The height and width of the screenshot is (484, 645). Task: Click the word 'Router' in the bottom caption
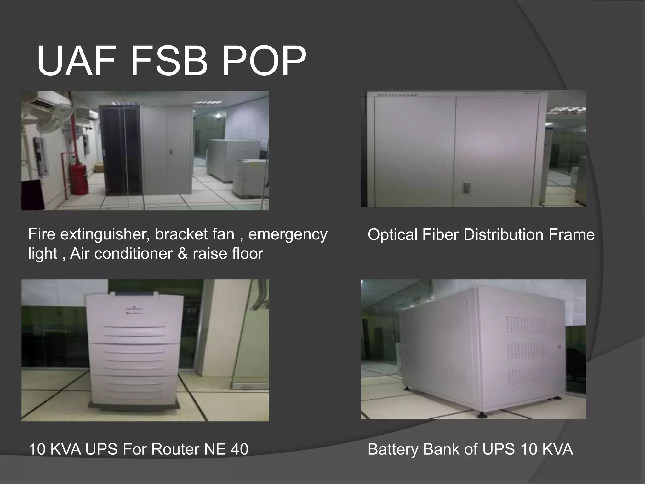point(175,449)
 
